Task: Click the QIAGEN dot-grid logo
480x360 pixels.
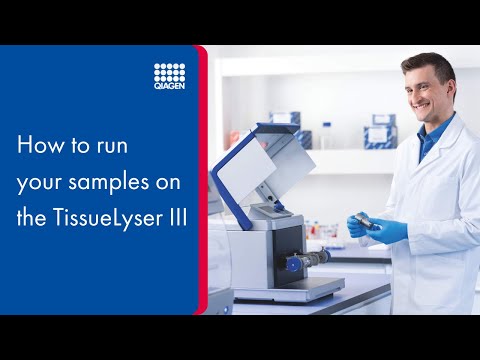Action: (x=170, y=73)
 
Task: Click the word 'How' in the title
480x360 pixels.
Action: (x=37, y=145)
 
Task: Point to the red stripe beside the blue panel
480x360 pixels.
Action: (x=204, y=180)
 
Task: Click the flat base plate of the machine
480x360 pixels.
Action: (x=290, y=289)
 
